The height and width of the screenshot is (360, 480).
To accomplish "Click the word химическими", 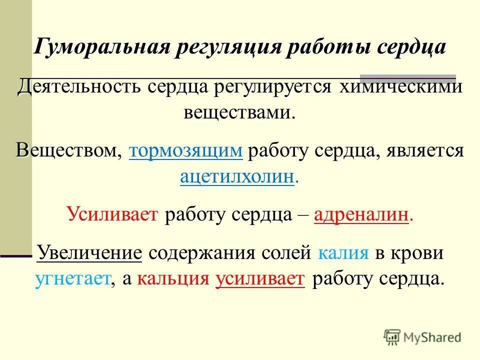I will click(x=393, y=89).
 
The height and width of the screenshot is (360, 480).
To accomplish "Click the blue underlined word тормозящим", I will click(x=186, y=151).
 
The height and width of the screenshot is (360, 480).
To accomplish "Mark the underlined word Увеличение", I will click(x=90, y=253).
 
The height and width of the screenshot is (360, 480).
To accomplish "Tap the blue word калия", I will click(x=343, y=253).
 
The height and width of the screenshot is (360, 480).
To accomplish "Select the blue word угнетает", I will click(x=72, y=278).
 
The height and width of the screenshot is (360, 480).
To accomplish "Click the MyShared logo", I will click(x=422, y=337).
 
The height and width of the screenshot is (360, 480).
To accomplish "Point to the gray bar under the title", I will click(x=407, y=77).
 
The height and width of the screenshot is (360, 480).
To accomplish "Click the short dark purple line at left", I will click(x=16, y=255).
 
